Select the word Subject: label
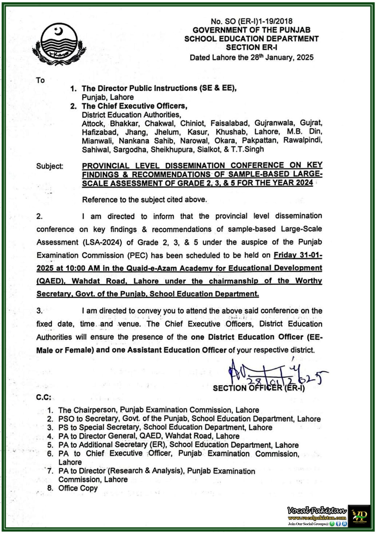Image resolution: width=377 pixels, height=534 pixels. point(50,166)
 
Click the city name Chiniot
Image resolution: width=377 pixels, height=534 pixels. point(192,123)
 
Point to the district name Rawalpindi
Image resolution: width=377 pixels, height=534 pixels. point(303,141)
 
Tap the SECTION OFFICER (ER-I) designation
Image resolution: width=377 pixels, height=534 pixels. point(259,388)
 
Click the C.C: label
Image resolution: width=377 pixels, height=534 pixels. point(44,397)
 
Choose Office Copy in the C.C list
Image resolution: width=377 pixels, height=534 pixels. point(78,488)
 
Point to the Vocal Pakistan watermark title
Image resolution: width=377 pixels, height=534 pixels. point(317,510)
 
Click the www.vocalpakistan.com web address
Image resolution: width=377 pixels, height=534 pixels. point(317,518)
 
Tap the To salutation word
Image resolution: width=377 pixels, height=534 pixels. point(40,80)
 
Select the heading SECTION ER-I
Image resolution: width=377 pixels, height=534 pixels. point(252,47)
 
